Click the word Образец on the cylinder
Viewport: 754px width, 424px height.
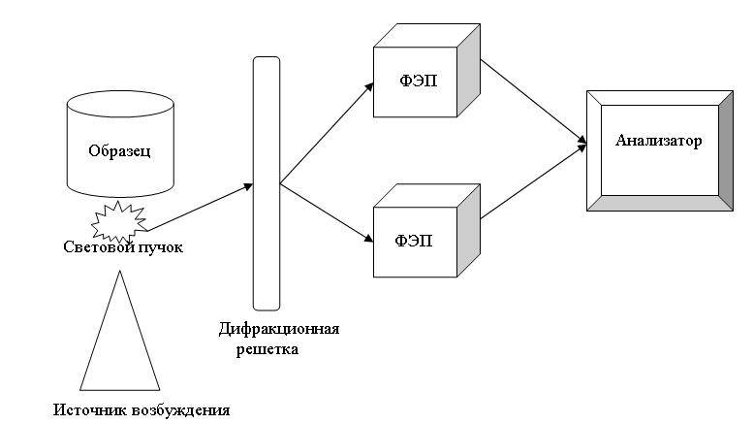pos(119,151)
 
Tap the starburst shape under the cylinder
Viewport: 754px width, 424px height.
pos(116,221)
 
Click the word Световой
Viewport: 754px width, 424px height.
pos(94,247)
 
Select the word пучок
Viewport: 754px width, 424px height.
pos(159,247)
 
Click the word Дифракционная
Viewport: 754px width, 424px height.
pos(279,328)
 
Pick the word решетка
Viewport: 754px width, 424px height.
pos(267,348)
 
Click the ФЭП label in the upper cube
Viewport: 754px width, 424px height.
pos(417,81)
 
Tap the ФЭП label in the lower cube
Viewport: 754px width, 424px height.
pos(417,238)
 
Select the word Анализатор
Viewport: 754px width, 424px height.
pos(659,141)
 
